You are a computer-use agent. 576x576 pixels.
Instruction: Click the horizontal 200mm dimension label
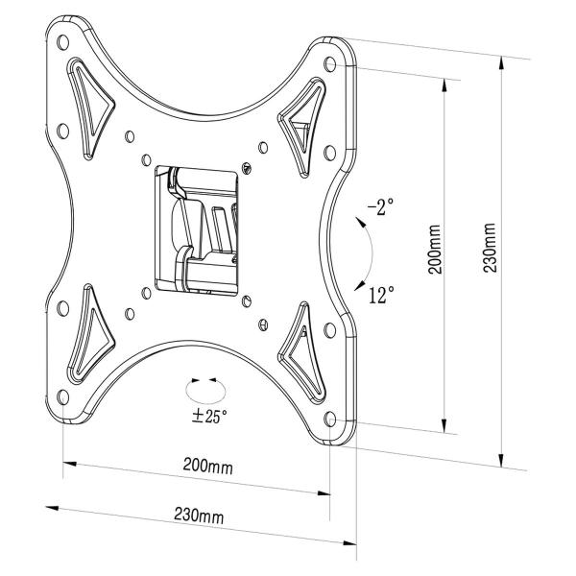pyautogui.click(x=207, y=468)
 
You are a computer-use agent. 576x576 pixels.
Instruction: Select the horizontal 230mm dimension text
pyautogui.click(x=200, y=516)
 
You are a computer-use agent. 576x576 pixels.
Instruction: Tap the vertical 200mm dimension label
pyautogui.click(x=434, y=252)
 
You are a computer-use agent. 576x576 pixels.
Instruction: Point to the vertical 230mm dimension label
pyautogui.click(x=490, y=252)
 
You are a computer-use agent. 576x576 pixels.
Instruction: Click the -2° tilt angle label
pyautogui.click(x=379, y=207)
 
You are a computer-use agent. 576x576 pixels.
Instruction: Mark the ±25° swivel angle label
pyautogui.click(x=210, y=417)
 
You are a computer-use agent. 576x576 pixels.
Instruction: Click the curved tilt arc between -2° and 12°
pyautogui.click(x=369, y=252)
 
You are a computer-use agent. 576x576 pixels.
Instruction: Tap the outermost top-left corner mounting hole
pyautogui.click(x=62, y=43)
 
